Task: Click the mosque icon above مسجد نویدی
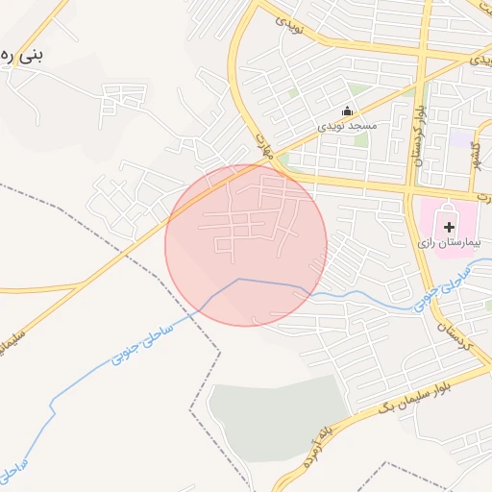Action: click(348, 111)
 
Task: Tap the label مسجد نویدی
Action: click(349, 126)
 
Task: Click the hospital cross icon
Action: click(449, 225)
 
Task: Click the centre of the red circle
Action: click(246, 245)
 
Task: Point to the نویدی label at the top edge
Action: click(289, 21)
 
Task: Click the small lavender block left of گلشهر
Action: click(464, 140)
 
